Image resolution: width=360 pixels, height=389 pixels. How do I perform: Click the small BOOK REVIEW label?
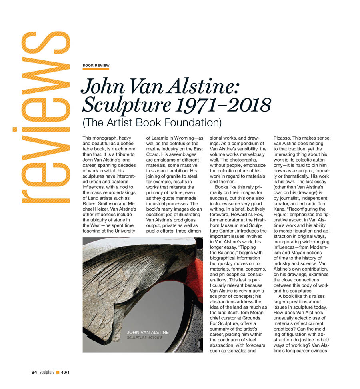(96, 65)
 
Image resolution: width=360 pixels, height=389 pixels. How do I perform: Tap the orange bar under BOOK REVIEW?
(96, 69)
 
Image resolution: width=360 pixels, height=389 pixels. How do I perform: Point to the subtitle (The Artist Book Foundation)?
(152, 122)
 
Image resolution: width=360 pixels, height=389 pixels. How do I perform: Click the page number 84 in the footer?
(34, 372)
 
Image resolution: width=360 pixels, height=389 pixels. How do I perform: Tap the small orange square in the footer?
(58, 372)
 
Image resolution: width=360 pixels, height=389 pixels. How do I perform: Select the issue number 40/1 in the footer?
(65, 372)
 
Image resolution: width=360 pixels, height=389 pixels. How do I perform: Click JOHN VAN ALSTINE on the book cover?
(148, 332)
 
